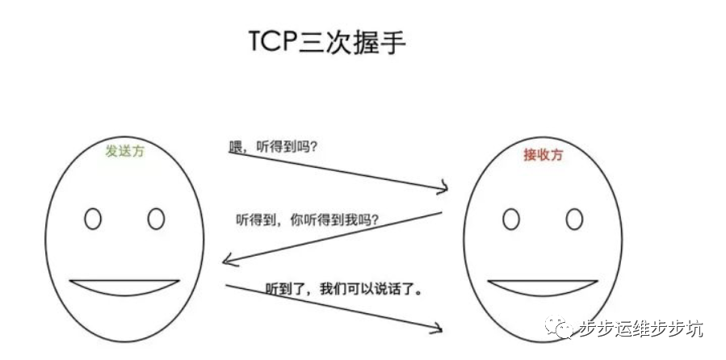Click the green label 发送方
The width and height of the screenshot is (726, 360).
tap(125, 151)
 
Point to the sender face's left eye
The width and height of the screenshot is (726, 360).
tap(93, 219)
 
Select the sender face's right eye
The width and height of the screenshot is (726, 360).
tap(156, 219)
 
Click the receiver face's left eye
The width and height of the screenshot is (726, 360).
tap(510, 219)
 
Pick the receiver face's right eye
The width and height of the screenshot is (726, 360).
tap(574, 219)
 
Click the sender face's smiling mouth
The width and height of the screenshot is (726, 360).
tap(124, 287)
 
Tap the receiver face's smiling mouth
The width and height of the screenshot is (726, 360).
tap(542, 287)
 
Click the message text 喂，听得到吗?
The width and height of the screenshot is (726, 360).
tap(273, 148)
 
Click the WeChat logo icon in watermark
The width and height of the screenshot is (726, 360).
tap(560, 327)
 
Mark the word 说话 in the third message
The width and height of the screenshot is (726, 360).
tap(384, 287)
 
